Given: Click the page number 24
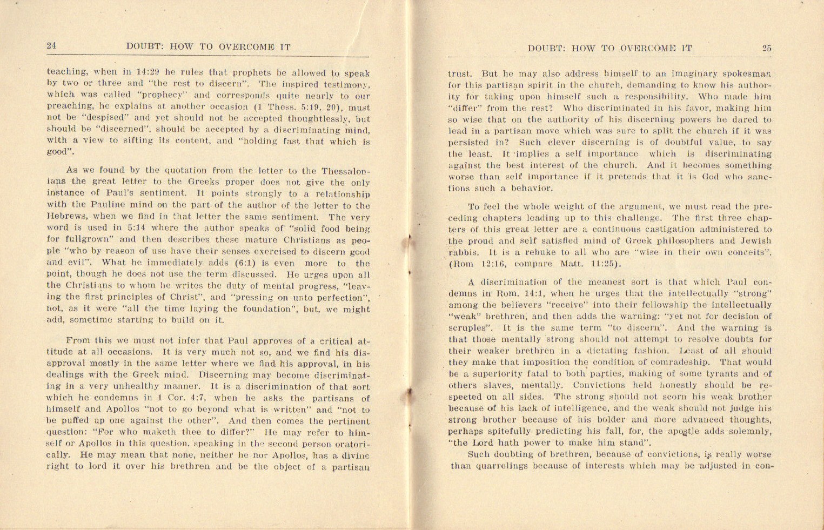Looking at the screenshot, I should pos(51,46).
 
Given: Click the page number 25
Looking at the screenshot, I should pos(767,48).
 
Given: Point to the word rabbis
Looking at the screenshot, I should pos(464,252).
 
